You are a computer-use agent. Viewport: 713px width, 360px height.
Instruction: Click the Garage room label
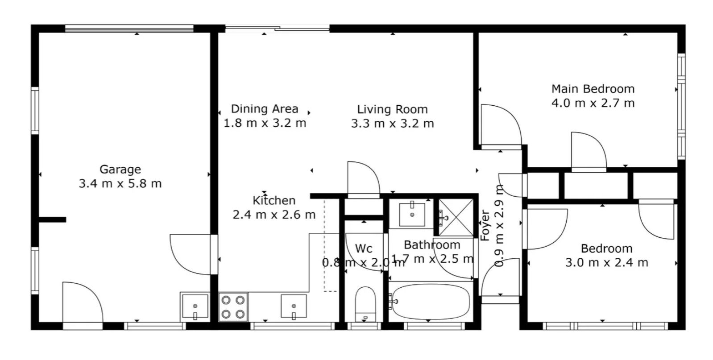click(x=120, y=170)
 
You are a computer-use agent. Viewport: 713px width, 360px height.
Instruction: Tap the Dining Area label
click(x=265, y=109)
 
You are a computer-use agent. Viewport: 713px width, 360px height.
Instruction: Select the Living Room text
click(x=392, y=109)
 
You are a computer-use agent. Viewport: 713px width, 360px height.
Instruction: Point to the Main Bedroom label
click(x=593, y=89)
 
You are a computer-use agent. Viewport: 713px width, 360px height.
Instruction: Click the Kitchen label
click(x=274, y=201)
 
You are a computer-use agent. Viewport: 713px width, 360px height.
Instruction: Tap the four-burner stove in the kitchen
click(x=233, y=307)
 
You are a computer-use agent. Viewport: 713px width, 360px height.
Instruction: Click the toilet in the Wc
click(x=365, y=304)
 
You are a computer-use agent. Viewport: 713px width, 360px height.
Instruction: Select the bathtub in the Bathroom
click(x=431, y=302)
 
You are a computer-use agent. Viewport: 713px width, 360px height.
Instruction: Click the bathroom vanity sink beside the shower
click(x=412, y=215)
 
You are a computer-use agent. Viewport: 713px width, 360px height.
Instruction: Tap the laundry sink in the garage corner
click(x=195, y=306)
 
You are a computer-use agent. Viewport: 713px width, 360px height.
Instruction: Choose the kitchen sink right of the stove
click(x=294, y=306)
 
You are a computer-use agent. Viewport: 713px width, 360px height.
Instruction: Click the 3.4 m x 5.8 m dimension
click(x=120, y=184)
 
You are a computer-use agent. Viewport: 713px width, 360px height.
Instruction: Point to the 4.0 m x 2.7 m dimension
click(x=593, y=103)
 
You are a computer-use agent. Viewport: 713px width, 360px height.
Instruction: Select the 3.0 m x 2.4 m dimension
click(x=606, y=263)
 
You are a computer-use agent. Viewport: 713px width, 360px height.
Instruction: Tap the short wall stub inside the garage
click(x=52, y=219)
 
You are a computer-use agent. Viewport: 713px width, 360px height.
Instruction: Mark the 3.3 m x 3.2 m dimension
click(x=392, y=124)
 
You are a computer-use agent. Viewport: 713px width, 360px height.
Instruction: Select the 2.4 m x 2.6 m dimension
click(x=274, y=215)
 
